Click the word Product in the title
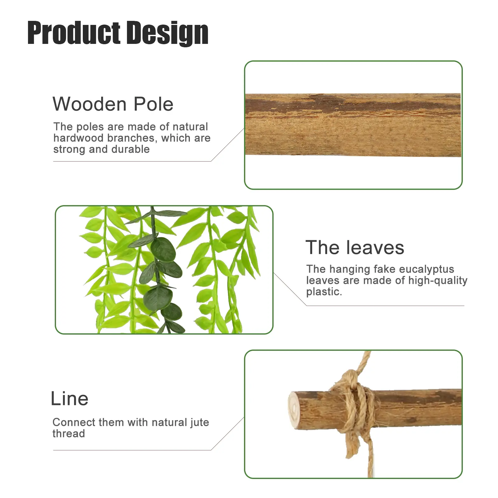[x=74, y=33]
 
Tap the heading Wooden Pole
[x=113, y=104]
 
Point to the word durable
[x=130, y=149]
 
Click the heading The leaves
[x=355, y=247]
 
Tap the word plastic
[x=324, y=292]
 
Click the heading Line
[x=69, y=398]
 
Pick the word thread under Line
[x=68, y=434]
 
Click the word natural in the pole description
[x=190, y=127]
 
